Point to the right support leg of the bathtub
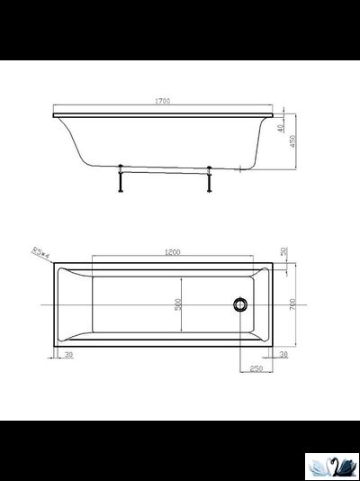[209, 179]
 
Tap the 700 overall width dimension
[292, 304]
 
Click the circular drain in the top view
[239, 304]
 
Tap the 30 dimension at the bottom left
[68, 356]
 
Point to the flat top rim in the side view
[162, 115]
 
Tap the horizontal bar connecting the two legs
[164, 168]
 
